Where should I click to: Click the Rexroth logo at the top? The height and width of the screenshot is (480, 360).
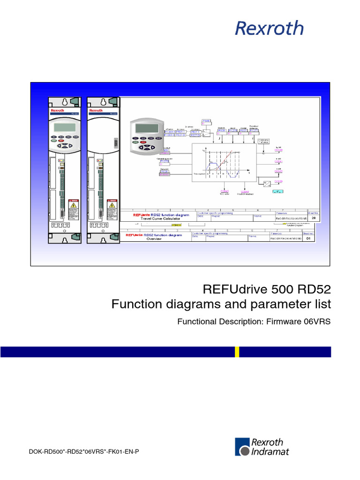click(x=269, y=28)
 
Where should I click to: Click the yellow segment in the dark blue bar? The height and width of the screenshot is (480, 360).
click(x=237, y=352)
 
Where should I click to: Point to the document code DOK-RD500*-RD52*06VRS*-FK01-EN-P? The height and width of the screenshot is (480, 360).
click(x=84, y=451)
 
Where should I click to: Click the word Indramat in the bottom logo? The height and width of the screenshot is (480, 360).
click(x=270, y=452)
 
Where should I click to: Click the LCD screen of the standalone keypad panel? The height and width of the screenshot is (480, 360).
click(x=145, y=127)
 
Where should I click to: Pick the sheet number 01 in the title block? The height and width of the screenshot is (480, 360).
click(x=308, y=238)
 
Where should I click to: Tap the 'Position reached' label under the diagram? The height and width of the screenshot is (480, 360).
click(x=245, y=194)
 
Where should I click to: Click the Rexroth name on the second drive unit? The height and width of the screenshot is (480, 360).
click(x=96, y=111)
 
